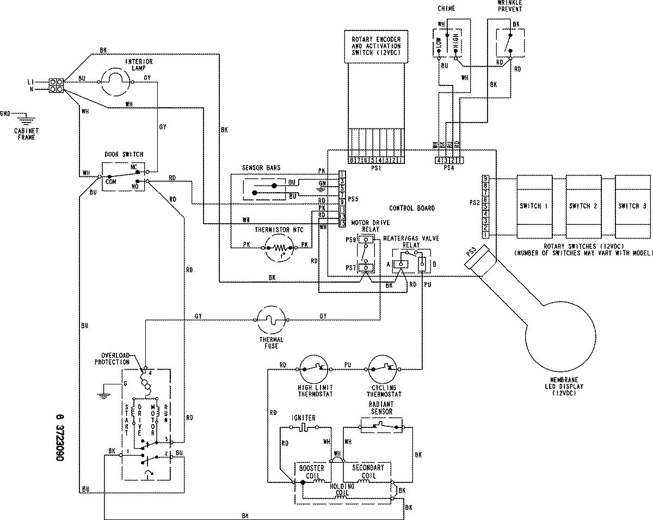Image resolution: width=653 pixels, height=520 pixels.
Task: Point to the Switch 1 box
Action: click(531, 206)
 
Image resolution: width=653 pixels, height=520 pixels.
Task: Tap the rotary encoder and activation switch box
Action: click(376, 46)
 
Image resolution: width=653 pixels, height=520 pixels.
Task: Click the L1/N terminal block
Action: click(56, 85)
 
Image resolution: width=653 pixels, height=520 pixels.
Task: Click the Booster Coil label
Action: click(311, 472)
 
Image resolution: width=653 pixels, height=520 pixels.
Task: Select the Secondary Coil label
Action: click(368, 472)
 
